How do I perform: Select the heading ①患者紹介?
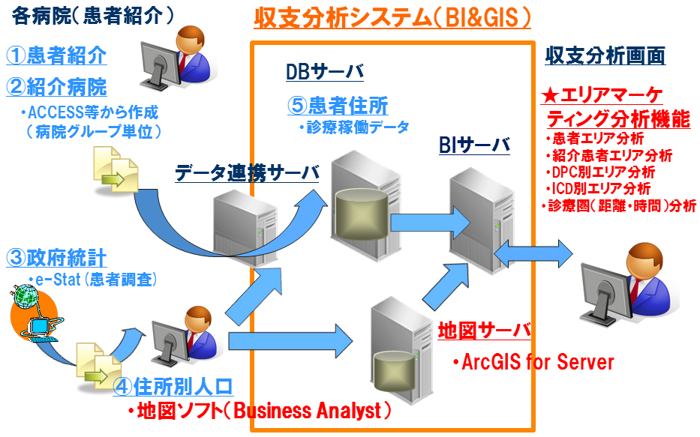click(x=56, y=55)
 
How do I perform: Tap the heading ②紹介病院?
click(x=56, y=86)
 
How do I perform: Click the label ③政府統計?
click(x=56, y=259)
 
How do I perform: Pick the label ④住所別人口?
click(x=173, y=387)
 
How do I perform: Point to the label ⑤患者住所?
click(x=338, y=106)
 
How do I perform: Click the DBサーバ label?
click(x=324, y=72)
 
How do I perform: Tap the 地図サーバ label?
click(x=485, y=330)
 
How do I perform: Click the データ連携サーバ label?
click(x=247, y=173)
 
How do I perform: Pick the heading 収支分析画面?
click(x=605, y=55)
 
